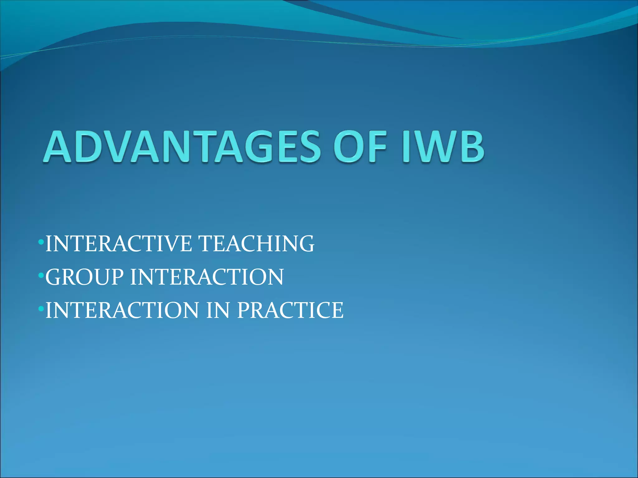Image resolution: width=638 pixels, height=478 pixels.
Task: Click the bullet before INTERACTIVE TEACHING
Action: point(41,242)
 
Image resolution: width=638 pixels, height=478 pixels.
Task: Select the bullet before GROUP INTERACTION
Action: point(41,275)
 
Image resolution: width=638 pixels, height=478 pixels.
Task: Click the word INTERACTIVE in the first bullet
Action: point(118,244)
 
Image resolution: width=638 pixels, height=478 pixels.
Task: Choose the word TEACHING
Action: point(256,244)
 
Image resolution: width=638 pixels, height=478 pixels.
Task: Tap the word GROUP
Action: point(84,277)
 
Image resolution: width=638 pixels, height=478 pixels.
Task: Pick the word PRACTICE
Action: point(290,310)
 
